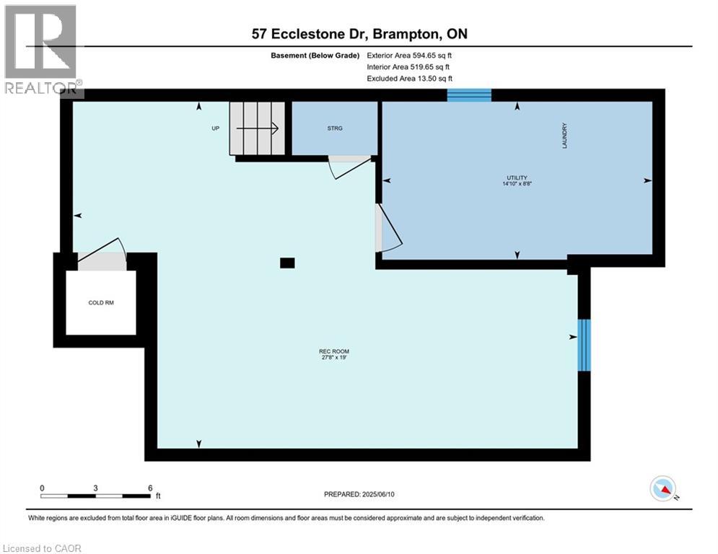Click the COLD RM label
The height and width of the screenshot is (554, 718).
[x=101, y=303]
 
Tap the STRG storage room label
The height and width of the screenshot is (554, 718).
[x=335, y=128]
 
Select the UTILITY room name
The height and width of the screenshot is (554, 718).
[x=517, y=177]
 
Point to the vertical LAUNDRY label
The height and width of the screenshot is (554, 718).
[x=564, y=136]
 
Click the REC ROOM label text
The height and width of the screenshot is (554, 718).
[x=334, y=351]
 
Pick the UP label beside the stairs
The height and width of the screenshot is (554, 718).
[x=215, y=128]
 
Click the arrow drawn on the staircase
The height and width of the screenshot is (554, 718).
[x=258, y=128]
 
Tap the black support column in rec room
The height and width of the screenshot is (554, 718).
[x=288, y=263]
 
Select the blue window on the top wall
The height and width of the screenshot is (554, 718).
[x=469, y=95]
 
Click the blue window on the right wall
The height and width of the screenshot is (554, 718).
[x=584, y=346]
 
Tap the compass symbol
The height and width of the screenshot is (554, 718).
[x=663, y=488]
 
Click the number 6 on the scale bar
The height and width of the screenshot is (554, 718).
[x=150, y=488]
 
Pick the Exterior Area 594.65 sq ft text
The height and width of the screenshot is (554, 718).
[x=409, y=56]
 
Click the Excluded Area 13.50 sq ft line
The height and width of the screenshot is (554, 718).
[x=410, y=79]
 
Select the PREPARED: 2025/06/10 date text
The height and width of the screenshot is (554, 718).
[x=359, y=494]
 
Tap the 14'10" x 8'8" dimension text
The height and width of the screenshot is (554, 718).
[x=517, y=184]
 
